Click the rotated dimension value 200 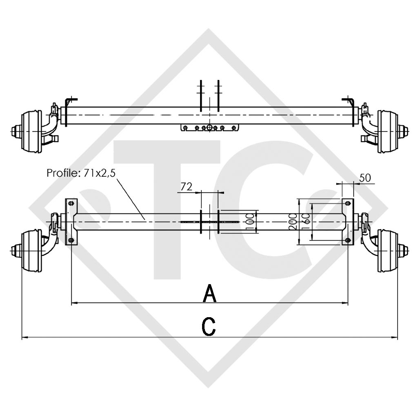pyautogui.click(x=293, y=222)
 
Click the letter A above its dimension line pyautogui.click(x=209, y=293)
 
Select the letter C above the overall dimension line pyautogui.click(x=209, y=327)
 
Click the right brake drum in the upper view pyautogui.click(x=387, y=131)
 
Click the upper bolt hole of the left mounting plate pyautogui.click(x=71, y=203)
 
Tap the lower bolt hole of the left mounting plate pyautogui.click(x=71, y=240)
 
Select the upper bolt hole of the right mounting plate pyautogui.click(x=347, y=203)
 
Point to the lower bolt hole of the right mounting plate pyautogui.click(x=347, y=240)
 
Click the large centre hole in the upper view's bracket pyautogui.click(x=209, y=128)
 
